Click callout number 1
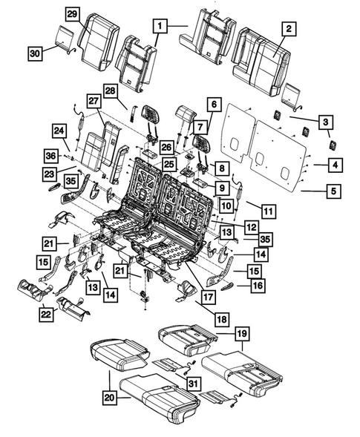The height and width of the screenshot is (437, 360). pos(159,26)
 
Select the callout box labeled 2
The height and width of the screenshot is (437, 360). pos(289,29)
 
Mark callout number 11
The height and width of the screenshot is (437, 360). pos(268,211)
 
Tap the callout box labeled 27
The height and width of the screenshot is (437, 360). pos(94,101)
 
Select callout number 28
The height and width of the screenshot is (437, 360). pos(111,91)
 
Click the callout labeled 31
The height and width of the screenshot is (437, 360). pos(192,383)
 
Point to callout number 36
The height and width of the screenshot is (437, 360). pos(50,155)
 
